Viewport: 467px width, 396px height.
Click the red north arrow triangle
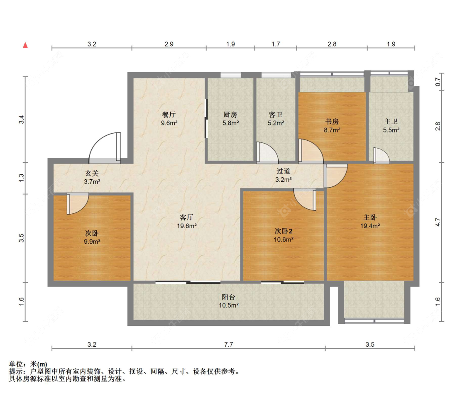point(25,45)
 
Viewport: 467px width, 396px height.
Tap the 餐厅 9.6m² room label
point(169,118)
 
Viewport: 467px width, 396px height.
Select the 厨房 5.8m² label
point(230,118)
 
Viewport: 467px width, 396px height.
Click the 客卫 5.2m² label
point(276,118)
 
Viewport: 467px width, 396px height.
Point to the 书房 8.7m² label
point(332,126)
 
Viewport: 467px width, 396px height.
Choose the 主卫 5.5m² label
point(391,126)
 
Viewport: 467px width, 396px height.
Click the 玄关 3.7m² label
point(92,178)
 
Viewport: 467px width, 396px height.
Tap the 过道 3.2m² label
point(283,175)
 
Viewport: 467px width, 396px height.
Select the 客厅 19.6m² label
point(187,222)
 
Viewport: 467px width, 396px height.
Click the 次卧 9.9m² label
point(92,237)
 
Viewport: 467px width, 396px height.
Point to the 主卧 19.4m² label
point(370,222)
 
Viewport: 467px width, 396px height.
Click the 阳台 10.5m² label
point(229,301)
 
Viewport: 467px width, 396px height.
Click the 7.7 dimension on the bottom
point(228,345)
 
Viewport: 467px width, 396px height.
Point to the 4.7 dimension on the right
point(438,222)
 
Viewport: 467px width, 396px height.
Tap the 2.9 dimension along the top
point(169,44)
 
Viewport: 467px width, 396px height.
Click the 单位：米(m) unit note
point(28,364)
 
